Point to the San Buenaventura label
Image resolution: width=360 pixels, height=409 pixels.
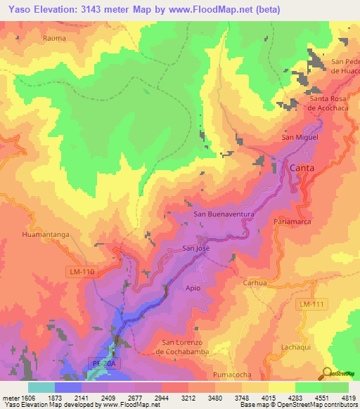(224, 214)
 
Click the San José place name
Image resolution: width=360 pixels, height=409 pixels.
(197, 248)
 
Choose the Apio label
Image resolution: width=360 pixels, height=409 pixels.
(194, 288)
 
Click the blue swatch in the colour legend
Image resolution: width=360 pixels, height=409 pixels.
(67, 387)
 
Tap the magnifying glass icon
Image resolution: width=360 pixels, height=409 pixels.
(327, 372)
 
